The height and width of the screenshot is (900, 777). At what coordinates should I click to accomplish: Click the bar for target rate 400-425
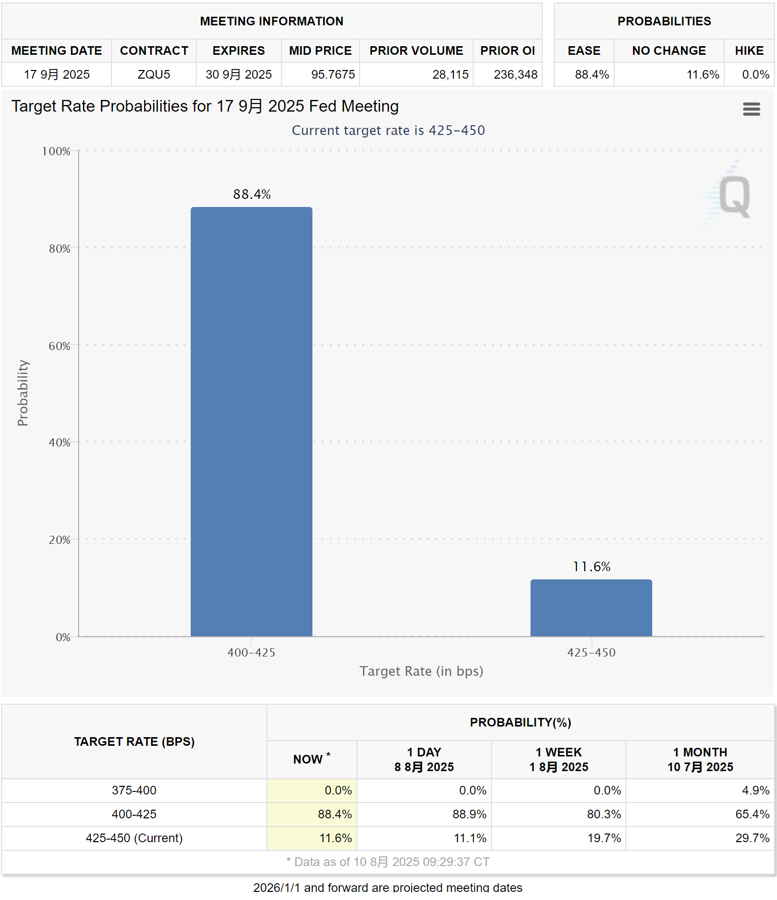tap(251, 421)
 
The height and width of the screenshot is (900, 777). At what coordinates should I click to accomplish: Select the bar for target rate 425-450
tap(591, 608)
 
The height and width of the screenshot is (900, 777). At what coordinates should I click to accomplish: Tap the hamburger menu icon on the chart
tap(751, 109)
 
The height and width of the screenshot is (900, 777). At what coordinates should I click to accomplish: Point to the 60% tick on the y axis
tap(59, 346)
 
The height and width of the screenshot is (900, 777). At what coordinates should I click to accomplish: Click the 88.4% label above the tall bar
tap(252, 194)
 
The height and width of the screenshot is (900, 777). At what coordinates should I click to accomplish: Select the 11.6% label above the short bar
tap(591, 567)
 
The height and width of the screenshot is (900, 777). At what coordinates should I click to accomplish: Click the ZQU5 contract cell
tap(154, 75)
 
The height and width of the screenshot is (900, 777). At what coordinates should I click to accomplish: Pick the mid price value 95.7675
tap(333, 75)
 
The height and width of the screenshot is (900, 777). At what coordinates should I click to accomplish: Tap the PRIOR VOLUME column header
tap(416, 51)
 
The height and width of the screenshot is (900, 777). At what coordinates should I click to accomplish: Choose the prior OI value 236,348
tap(515, 75)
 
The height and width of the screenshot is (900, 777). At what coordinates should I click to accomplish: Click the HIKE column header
tap(749, 51)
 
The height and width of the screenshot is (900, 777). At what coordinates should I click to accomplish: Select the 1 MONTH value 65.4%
tap(752, 814)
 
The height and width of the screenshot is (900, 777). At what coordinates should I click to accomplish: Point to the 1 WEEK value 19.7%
tap(604, 838)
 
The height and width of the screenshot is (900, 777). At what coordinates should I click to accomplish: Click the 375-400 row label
tap(134, 790)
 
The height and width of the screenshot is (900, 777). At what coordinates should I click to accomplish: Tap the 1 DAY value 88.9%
tap(469, 814)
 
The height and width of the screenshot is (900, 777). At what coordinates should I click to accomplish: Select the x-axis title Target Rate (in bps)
tap(421, 671)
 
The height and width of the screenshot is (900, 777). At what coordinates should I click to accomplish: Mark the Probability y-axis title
tap(23, 393)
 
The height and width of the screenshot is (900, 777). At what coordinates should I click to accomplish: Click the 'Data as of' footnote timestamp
tap(388, 862)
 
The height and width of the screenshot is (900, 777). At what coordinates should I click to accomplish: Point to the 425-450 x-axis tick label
tap(591, 652)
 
